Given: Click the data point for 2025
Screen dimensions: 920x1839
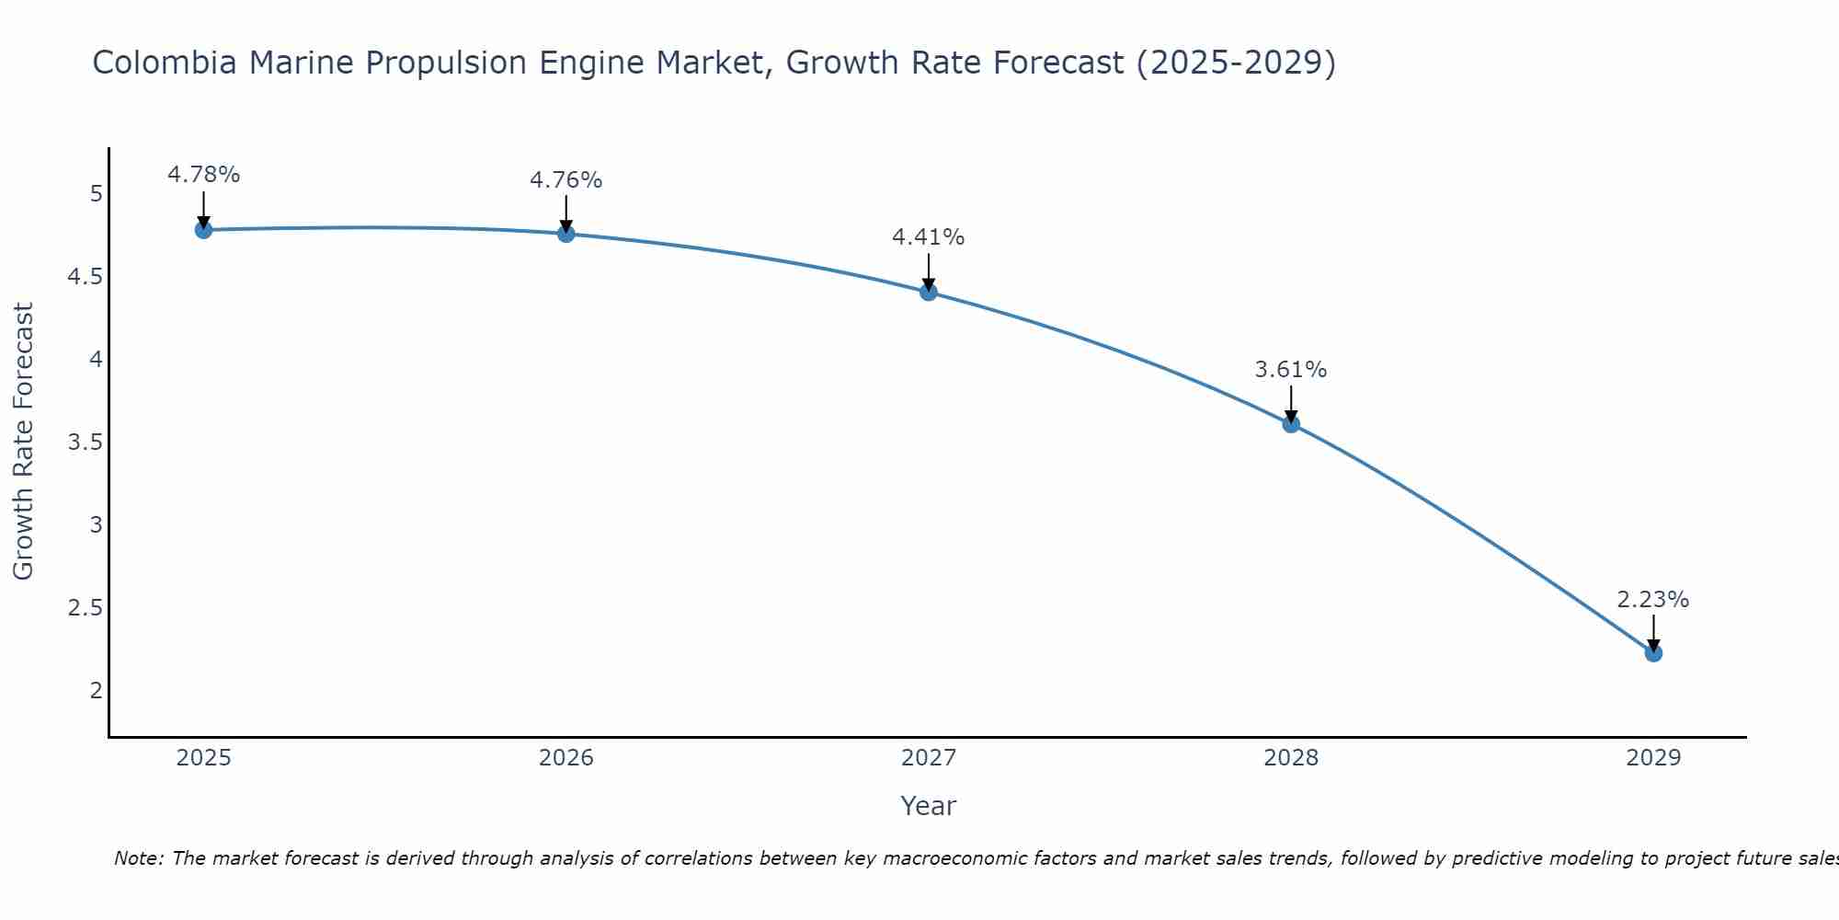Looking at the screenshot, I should click(x=204, y=230).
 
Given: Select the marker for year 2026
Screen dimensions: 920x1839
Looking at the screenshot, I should click(x=566, y=234).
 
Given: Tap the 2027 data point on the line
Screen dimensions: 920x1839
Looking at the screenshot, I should click(x=929, y=293).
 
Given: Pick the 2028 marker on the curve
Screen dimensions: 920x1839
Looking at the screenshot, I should click(x=1291, y=424).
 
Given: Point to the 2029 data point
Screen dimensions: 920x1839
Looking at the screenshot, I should click(x=1653, y=653).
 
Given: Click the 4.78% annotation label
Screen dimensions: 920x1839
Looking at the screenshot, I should click(x=204, y=175).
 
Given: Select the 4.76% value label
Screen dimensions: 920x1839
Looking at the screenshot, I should click(x=566, y=180).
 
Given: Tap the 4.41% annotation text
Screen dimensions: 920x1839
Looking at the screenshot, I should click(x=929, y=237).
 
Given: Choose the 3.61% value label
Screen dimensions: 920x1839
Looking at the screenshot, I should click(x=1291, y=370).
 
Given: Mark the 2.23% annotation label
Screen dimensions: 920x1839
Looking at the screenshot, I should click(x=1653, y=600).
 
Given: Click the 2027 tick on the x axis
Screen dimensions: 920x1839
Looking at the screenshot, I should click(x=929, y=758).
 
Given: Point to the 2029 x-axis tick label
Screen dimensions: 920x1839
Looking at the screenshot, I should click(x=1653, y=758).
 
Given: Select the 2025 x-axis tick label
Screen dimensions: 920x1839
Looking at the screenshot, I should click(x=204, y=758).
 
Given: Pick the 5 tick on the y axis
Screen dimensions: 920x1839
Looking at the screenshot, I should click(x=96, y=194).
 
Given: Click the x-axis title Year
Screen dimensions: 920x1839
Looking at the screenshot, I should click(x=929, y=806).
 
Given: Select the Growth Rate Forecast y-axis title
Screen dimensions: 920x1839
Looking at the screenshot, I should click(x=24, y=442).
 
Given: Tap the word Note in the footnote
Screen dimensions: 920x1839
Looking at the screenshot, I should click(x=138, y=858).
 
